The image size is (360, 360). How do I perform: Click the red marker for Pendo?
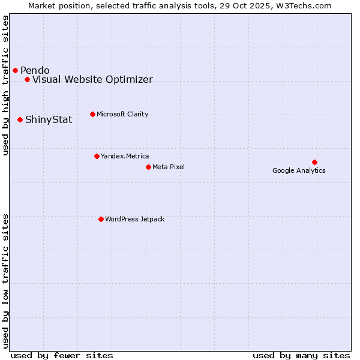tap(15, 70)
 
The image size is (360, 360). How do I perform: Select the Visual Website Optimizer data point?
tap(27, 79)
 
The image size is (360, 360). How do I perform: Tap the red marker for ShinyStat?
tap(20, 119)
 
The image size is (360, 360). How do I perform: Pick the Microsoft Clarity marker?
tap(92, 114)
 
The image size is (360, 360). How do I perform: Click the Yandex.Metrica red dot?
tap(97, 156)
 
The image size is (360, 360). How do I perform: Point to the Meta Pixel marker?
tap(148, 167)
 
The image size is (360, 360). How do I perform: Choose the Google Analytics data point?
tap(314, 162)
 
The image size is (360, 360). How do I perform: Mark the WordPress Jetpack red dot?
tap(101, 219)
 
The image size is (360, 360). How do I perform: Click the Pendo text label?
tap(35, 70)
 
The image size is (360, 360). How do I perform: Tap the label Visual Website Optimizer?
tap(92, 79)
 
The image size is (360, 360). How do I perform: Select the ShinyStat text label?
tap(49, 119)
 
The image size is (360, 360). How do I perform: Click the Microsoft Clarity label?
tap(122, 114)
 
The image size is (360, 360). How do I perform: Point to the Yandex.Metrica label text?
tap(125, 156)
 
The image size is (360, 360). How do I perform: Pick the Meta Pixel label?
tap(169, 167)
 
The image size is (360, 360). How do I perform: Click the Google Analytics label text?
tap(299, 170)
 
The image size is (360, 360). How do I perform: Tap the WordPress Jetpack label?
tap(134, 219)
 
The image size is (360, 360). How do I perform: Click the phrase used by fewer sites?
tap(62, 355)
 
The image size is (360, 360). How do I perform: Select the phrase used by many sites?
tap(301, 355)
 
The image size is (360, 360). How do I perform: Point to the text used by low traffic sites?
tap(6, 281)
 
